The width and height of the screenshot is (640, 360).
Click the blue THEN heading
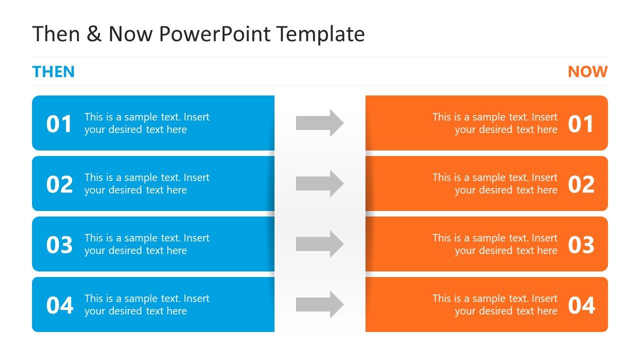pos(53,72)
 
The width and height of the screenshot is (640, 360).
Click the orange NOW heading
pos(587,72)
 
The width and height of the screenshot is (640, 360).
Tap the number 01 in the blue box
pos(59,124)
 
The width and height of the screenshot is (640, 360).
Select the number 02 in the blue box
pos(59,184)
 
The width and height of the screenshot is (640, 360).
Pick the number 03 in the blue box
pos(59,245)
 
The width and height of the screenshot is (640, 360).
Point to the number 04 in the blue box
pos(59,305)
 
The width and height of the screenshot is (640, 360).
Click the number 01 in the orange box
pos(581,124)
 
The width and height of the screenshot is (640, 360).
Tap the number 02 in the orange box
pos(581,184)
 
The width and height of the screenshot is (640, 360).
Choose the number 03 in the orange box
pos(581,245)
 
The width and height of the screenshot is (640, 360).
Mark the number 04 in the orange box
pos(581,305)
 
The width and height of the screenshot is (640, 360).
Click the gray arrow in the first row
pos(319,123)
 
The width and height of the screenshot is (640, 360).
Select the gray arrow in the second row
pos(319,183)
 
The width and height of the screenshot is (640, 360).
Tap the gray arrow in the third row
pos(319,244)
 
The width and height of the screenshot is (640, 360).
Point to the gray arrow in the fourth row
pos(319,304)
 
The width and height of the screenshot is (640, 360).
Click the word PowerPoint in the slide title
pos(215,34)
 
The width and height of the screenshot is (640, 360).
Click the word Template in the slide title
pos(320,34)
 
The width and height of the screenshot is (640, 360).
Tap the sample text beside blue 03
pos(146,244)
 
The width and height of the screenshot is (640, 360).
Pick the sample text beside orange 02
pos(494,184)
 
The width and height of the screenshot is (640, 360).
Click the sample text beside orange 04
pos(494,305)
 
